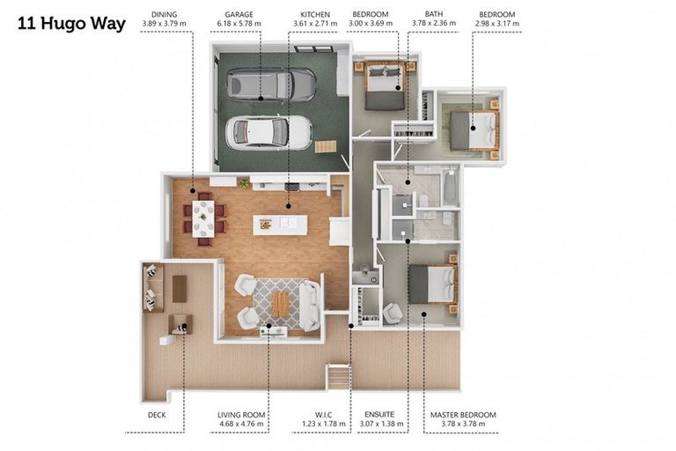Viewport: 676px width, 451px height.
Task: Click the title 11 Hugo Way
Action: (x=71, y=23)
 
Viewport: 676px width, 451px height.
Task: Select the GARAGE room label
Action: (x=239, y=15)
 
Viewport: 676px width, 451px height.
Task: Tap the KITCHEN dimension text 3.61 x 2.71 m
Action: (x=315, y=23)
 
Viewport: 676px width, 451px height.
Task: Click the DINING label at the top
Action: (x=165, y=15)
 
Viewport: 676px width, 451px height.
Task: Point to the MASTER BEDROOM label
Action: (x=463, y=415)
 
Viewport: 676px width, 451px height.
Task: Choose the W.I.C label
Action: (x=323, y=415)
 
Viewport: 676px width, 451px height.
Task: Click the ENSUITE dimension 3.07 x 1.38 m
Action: (x=381, y=424)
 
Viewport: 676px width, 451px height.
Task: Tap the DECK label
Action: (x=157, y=415)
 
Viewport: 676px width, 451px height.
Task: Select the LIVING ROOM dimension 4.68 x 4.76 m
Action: (x=241, y=424)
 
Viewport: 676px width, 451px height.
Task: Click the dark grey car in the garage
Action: (x=271, y=85)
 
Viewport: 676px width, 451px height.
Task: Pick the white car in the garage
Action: (x=269, y=132)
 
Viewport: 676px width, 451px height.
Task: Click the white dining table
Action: (x=203, y=218)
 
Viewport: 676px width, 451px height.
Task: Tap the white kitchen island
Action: (x=280, y=225)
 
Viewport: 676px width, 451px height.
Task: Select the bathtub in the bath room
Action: (x=450, y=188)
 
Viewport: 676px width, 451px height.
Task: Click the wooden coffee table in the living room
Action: (x=281, y=305)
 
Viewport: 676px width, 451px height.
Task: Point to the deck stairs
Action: (x=338, y=377)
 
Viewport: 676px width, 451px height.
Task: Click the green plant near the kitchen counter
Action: (x=245, y=183)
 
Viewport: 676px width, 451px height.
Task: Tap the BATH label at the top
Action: (x=434, y=14)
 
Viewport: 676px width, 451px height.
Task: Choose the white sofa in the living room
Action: (x=310, y=306)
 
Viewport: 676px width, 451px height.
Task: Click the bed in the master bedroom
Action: (x=433, y=284)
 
